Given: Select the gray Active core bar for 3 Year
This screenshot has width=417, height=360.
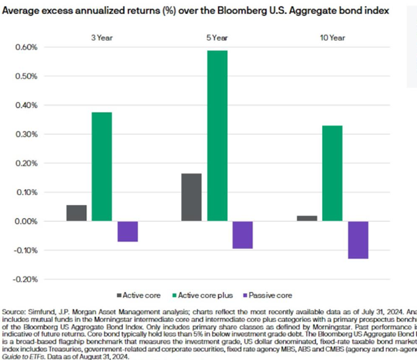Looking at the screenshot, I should click(x=77, y=213).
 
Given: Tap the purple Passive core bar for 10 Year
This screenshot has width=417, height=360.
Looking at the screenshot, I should click(x=358, y=240).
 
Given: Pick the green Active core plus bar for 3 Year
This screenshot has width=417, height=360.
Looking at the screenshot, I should click(x=102, y=166).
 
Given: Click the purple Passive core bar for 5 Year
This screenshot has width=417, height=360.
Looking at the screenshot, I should click(x=243, y=234).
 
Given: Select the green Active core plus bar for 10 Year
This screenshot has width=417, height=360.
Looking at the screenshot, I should click(x=333, y=173).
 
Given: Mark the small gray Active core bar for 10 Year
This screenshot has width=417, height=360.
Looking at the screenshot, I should click(x=307, y=218).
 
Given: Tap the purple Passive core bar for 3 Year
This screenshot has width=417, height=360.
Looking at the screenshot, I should click(x=128, y=231).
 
